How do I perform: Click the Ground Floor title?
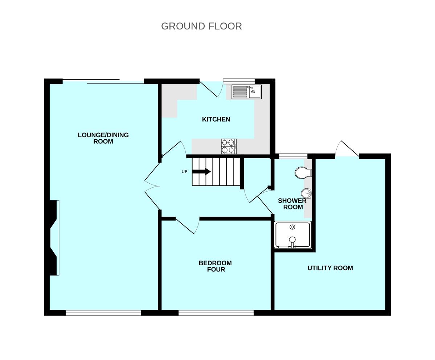click(x=201, y=26)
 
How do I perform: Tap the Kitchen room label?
click(x=216, y=119)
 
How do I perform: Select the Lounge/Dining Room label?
click(x=103, y=138)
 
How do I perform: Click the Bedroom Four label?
click(x=216, y=266)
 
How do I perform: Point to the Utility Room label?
click(x=330, y=268)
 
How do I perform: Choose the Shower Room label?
click(x=292, y=204)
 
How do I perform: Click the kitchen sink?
click(x=246, y=92)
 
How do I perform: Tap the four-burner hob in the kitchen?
click(x=229, y=146)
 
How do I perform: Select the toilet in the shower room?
click(x=302, y=173)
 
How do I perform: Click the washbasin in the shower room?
click(x=307, y=193)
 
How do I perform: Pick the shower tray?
click(x=292, y=235)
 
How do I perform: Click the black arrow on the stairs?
click(x=201, y=172)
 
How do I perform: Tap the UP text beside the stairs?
click(x=184, y=172)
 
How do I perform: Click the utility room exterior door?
click(x=348, y=150)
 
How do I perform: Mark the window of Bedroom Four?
click(x=216, y=313)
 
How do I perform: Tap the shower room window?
click(x=293, y=156)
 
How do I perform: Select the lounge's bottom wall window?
click(x=103, y=313)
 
